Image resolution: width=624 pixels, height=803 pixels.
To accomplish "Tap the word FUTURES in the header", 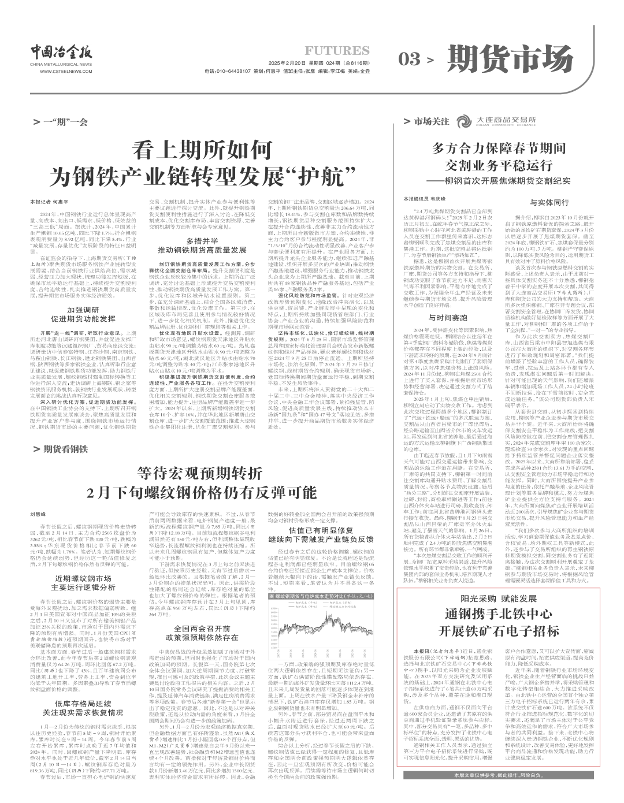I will [337, 51].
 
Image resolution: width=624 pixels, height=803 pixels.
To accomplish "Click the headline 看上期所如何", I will [200, 151].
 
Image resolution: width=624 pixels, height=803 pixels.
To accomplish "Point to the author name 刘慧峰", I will [38, 513].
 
